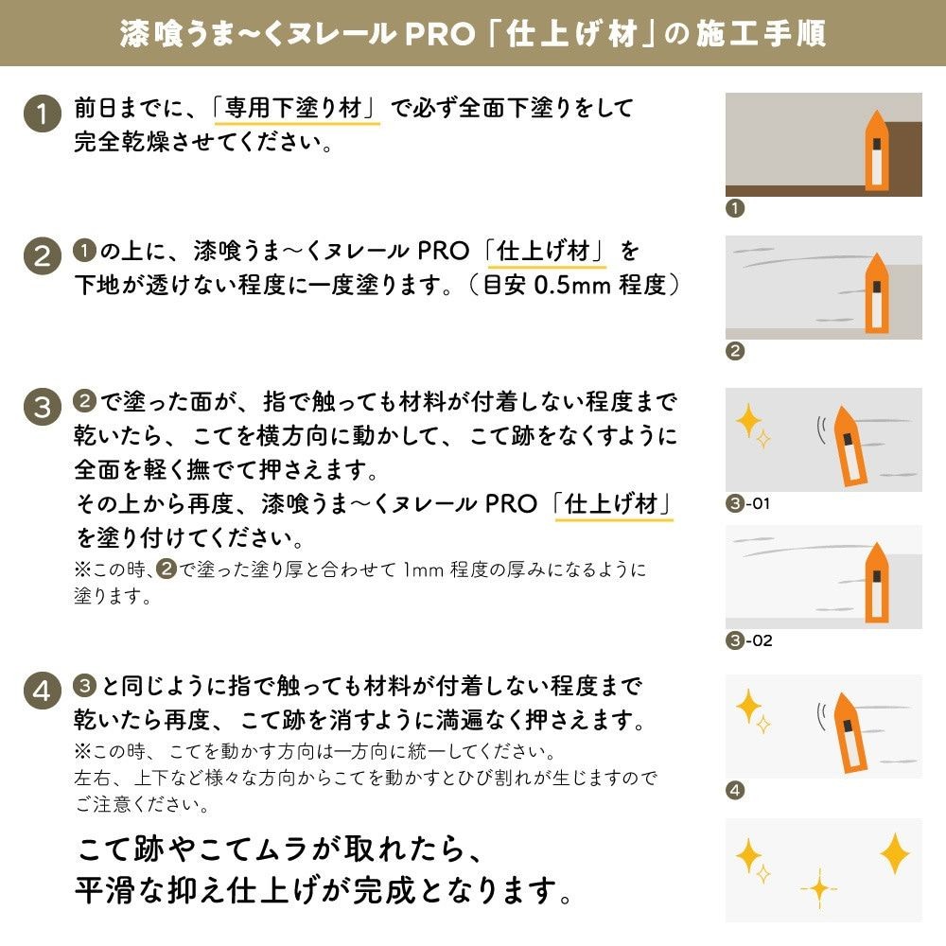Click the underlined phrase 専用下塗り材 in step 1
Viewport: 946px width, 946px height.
[296, 109]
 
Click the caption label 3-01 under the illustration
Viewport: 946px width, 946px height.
[748, 504]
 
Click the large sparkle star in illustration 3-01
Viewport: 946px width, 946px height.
[748, 420]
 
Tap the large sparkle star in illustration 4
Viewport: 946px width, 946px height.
[748, 705]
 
